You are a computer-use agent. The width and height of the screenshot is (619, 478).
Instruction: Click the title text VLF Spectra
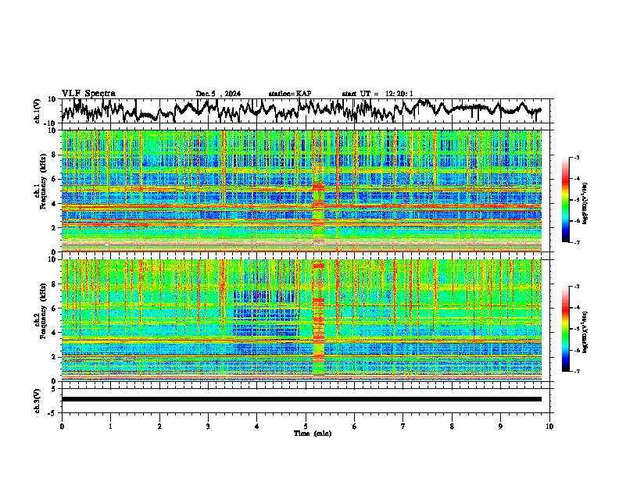click(88, 93)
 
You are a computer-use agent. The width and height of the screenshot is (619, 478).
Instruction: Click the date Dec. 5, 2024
click(218, 94)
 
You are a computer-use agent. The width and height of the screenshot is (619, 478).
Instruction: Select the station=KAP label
click(289, 94)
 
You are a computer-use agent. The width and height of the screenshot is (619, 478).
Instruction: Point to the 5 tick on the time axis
click(306, 426)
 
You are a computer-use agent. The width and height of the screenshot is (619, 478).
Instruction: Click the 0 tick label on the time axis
click(62, 426)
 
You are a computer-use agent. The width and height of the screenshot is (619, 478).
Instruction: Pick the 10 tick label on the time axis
click(549, 426)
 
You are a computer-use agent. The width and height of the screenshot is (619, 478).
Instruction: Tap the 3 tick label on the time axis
click(208, 426)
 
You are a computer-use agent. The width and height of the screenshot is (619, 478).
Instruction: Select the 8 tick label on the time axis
click(452, 426)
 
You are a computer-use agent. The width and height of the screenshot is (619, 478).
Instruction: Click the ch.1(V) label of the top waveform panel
click(37, 111)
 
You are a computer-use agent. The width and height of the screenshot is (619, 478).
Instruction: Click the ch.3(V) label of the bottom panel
click(37, 399)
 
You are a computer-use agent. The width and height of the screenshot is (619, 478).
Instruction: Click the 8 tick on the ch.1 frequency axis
click(52, 155)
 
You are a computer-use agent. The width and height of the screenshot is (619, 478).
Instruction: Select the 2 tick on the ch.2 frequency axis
click(52, 356)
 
